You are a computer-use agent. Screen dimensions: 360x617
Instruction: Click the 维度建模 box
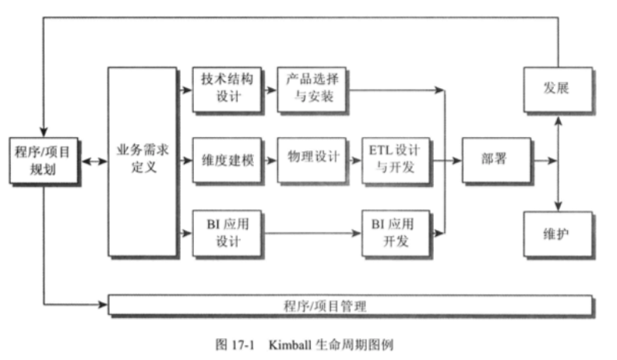227,161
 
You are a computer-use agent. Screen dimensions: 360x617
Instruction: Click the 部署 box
495,160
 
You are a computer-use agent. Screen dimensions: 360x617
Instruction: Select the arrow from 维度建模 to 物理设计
269,161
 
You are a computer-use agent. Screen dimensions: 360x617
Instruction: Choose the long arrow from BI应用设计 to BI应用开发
312,232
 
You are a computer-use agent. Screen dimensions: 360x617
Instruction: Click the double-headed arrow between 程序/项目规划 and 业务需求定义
93,161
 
